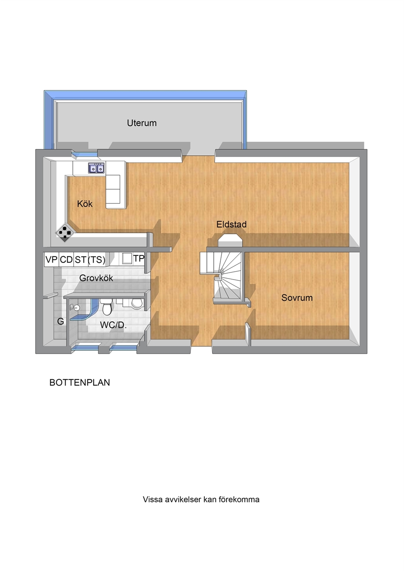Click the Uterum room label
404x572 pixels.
coord(142,123)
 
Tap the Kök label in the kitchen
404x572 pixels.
coord(85,204)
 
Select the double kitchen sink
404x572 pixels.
coord(97,168)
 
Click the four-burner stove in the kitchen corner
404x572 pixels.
coord(65,233)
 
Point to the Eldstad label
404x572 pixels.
coord(231,225)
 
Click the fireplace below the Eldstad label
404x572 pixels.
coord(230,240)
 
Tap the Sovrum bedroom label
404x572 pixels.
coord(297,298)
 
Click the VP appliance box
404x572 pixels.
coord(51,259)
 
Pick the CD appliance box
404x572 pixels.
coord(66,259)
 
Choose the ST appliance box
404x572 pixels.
coord(81,259)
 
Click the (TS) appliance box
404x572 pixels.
coord(97,259)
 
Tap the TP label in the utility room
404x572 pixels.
coord(139,258)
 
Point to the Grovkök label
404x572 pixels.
coord(96,278)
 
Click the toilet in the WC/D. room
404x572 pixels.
coord(107,307)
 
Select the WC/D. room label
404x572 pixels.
coord(113,325)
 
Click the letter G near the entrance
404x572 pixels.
coord(60,321)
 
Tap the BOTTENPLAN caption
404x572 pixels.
coord(79,382)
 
